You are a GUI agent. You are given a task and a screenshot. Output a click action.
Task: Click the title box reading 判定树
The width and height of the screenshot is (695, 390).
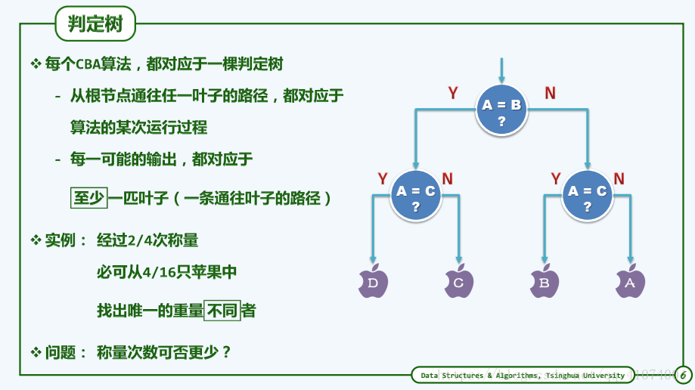pos(95,24)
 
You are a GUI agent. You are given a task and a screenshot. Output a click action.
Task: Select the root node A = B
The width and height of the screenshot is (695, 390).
pos(501,112)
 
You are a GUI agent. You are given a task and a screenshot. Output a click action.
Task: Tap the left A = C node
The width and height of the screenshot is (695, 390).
pos(415,198)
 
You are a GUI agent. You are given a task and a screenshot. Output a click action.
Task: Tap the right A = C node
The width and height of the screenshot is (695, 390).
pos(588,198)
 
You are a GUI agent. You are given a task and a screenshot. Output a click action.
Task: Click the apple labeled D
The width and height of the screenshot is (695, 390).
pos(373,282)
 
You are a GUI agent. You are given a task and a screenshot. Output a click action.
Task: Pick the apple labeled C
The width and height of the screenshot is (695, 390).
pos(459,282)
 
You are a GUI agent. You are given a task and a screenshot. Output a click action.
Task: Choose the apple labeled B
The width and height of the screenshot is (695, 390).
pos(545,282)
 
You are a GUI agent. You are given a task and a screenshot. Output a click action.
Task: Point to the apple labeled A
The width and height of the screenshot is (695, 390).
pos(631,282)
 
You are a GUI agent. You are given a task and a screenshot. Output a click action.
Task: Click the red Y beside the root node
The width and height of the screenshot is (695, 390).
pos(453,94)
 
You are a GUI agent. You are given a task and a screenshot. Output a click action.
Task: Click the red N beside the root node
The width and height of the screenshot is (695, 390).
pos(550,94)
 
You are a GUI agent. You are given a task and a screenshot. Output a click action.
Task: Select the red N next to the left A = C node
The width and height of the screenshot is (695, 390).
pos(448,179)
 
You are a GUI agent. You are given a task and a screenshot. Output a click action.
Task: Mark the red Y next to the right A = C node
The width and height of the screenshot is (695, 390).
pos(556,179)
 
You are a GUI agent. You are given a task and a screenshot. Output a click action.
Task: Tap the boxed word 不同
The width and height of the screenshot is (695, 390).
pos(222,310)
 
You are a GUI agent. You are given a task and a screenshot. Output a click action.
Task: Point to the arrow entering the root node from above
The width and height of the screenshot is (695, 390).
pos(501,70)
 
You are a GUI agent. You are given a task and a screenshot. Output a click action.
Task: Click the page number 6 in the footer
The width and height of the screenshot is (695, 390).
pos(682,375)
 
